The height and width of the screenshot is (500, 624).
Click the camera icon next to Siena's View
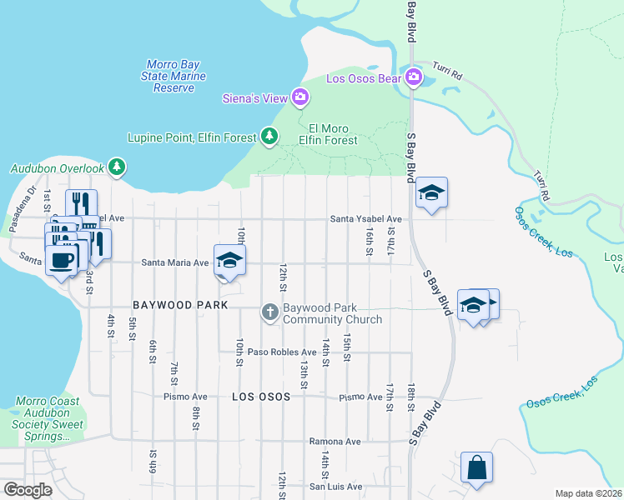coord(300,98)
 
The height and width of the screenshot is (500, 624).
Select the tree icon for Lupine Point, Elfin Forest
coord(269,136)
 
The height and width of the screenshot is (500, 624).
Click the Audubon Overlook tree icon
coord(117,167)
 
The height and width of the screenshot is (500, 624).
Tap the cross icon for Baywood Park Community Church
coord(269,312)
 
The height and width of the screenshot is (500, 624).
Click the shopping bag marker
coord(476,467)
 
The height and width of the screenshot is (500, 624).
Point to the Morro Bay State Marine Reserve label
coord(169,76)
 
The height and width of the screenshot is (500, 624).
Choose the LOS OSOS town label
coord(260,397)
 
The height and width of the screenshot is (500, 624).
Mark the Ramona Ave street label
coord(334,441)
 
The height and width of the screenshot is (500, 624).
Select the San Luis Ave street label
coord(336,486)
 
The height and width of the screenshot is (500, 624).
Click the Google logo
coord(28,489)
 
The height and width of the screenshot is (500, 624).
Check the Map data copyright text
coord(588,493)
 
